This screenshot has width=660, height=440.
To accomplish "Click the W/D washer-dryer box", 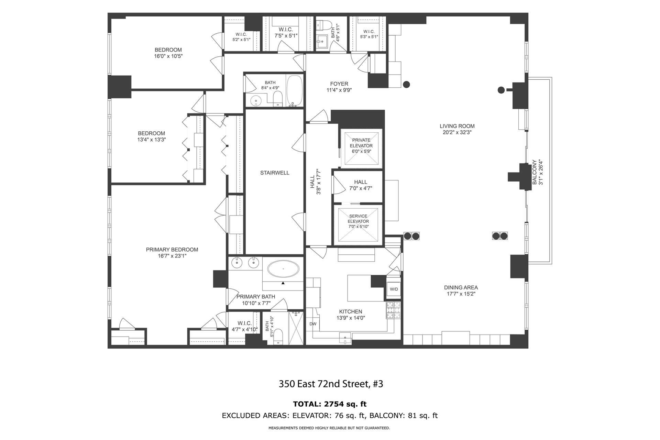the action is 394,289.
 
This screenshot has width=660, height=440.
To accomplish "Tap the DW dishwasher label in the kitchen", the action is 313,324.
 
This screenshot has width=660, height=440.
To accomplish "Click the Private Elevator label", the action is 361,143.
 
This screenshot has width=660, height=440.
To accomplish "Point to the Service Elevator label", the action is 358,219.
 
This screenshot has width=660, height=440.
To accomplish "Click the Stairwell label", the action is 275,173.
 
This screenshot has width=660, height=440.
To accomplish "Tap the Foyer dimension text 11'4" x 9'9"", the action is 339,90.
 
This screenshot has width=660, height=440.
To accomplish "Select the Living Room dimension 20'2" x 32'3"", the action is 457,132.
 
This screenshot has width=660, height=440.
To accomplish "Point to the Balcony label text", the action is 534,172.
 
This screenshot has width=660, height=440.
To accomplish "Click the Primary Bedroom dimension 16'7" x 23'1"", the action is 172,256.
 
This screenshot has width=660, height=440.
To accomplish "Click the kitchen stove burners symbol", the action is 394,310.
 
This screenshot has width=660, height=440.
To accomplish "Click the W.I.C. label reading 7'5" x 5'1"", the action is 286,32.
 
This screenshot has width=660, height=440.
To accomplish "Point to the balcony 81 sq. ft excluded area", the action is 420,416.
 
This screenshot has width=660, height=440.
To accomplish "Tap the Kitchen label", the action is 351,311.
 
